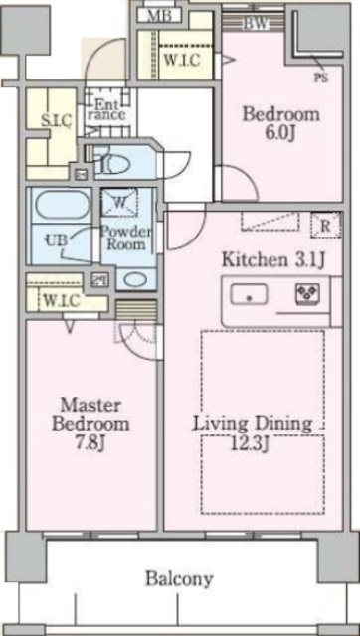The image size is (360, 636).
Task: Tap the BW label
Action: (x=257, y=24)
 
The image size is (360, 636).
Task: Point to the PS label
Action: (x=321, y=78)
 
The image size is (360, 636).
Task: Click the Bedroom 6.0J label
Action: (x=280, y=123)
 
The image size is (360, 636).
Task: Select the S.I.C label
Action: (x=57, y=120)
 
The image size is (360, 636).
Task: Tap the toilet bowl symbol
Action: (x=111, y=164)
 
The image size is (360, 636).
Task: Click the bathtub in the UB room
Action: (x=63, y=206)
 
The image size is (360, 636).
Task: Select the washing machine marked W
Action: (x=119, y=203)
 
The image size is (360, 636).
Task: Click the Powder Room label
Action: (x=126, y=238)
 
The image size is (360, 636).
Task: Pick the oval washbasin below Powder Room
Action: (x=135, y=280)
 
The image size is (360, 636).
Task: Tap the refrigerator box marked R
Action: (x=326, y=226)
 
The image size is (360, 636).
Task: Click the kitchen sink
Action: (x=249, y=294)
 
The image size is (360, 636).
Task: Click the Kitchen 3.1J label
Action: (x=273, y=260)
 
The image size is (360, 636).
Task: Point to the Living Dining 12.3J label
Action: (x=253, y=434)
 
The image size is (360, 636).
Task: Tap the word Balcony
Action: (x=179, y=578)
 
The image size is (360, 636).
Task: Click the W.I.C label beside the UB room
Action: (x=61, y=300)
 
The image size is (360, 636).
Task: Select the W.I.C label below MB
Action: (x=182, y=60)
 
